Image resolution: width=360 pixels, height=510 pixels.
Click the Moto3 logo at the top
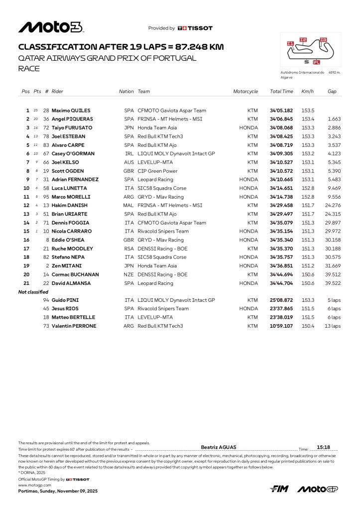51,27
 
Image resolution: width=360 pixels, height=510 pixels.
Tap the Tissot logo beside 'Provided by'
195,28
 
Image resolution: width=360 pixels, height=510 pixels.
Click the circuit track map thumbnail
310,50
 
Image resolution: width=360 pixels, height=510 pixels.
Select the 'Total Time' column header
281,92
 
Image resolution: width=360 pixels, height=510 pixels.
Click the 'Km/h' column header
307,92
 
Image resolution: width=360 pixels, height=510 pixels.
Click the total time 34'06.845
281,119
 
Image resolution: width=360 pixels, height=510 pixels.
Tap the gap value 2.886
334,128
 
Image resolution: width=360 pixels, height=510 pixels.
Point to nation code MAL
129,205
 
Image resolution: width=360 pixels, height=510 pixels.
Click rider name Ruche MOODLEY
72,249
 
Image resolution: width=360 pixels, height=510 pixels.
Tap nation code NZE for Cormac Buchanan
129,274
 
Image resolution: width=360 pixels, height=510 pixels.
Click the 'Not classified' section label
33,292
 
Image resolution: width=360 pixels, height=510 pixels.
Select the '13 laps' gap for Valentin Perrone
333,326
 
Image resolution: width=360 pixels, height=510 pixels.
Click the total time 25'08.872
281,300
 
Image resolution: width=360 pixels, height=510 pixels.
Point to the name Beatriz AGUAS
218,448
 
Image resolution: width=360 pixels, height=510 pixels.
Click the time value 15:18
324,448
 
